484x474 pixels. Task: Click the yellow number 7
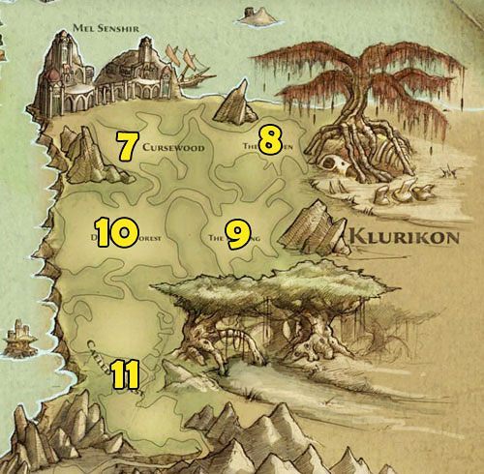tap(125, 145)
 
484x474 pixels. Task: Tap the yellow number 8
tap(270, 139)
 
